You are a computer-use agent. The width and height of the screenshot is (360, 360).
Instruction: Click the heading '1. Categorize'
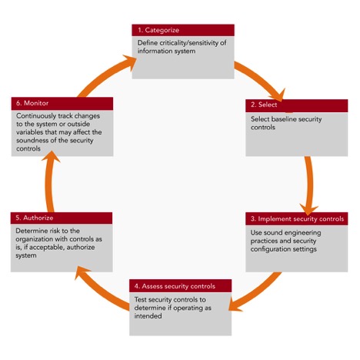[158, 30]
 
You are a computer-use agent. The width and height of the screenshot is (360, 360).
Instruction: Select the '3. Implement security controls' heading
[297, 218]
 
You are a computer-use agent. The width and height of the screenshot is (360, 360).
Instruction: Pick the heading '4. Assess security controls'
[175, 286]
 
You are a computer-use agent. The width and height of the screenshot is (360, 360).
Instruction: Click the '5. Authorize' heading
[35, 218]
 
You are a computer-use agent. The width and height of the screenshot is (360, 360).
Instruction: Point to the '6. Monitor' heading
[32, 103]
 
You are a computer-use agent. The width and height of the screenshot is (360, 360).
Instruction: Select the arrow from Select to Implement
[310, 185]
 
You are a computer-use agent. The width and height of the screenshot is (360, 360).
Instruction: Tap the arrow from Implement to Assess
[256, 292]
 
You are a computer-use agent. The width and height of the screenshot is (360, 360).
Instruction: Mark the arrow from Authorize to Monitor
[49, 182]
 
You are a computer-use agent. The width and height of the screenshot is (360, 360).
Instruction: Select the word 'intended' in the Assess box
[148, 316]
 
